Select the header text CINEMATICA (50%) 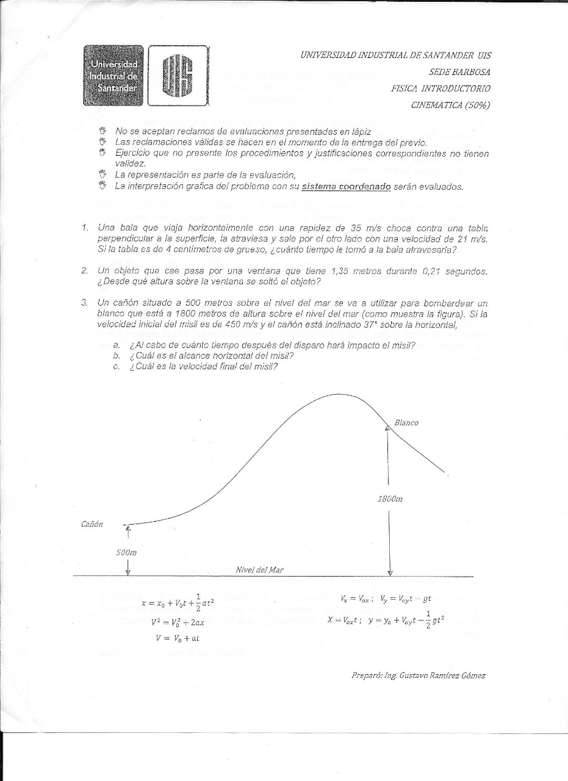click(452, 104)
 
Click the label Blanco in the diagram click(406, 422)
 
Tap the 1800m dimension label click(390, 498)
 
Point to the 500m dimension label click(126, 552)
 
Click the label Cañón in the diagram click(92, 524)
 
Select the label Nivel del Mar click(259, 570)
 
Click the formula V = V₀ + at click(178, 638)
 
